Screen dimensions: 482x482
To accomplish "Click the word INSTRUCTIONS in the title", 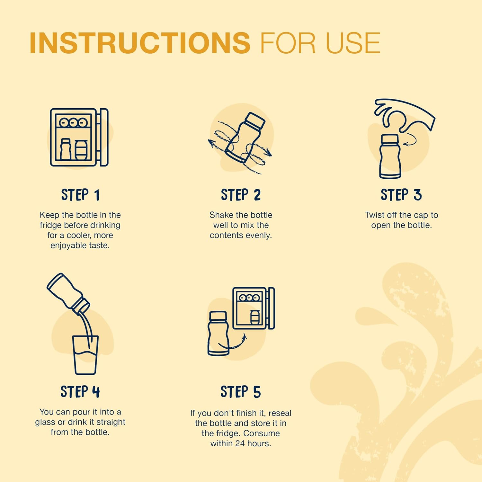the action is (x=140, y=43).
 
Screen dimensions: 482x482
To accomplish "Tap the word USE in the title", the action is (x=353, y=43).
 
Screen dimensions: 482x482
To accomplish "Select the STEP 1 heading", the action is (x=80, y=195).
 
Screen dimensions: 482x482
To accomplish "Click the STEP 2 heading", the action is (x=241, y=195).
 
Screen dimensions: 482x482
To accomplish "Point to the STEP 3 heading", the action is (x=401, y=195).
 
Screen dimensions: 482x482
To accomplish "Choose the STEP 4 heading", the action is (x=80, y=392).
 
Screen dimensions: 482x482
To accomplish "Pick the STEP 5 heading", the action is (x=241, y=392).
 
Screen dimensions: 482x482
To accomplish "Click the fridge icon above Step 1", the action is (x=79, y=137).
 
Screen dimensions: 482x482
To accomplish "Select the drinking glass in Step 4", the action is (x=85, y=355).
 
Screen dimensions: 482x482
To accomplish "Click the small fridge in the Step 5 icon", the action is (x=254, y=308).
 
